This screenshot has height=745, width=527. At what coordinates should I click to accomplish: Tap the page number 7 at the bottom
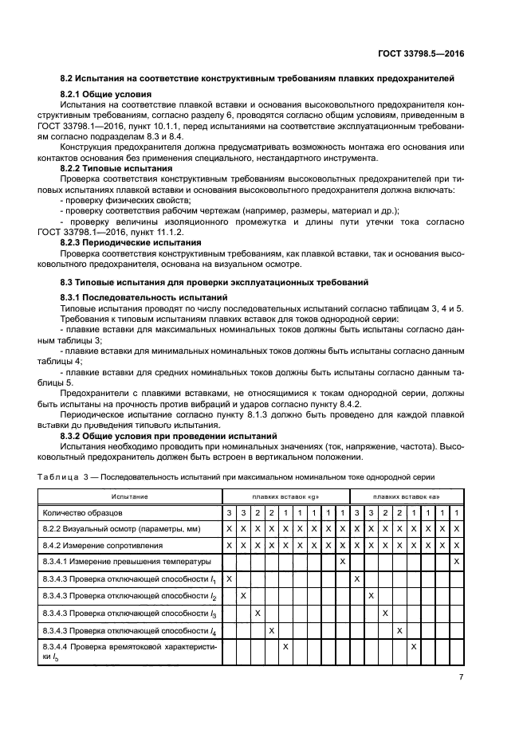(x=462, y=678)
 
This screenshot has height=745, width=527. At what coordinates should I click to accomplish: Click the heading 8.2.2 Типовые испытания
(x=116, y=169)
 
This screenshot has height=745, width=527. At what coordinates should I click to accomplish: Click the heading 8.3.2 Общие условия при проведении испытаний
(x=169, y=436)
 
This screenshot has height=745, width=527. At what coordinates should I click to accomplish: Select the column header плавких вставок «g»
(x=285, y=496)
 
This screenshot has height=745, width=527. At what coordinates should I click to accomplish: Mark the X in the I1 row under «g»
(x=230, y=578)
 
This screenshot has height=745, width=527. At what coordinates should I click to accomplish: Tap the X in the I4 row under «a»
(x=399, y=630)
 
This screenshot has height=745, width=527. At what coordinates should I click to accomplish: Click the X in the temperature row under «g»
(x=343, y=562)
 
